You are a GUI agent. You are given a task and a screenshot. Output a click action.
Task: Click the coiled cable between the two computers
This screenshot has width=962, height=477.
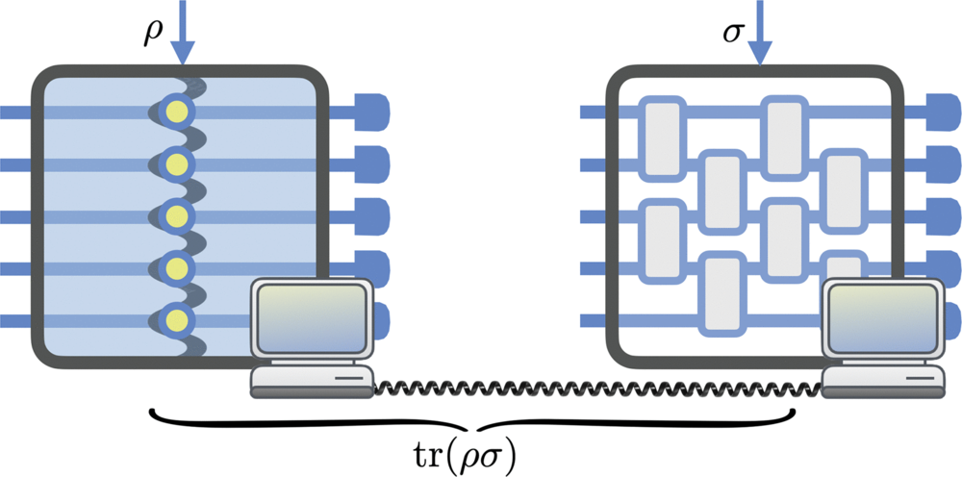pyautogui.click(x=596, y=388)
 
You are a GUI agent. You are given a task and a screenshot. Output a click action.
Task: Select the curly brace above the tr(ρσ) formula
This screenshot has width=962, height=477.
pyautogui.click(x=472, y=421)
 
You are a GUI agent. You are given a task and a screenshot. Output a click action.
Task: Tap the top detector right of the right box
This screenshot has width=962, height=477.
pyautogui.click(x=944, y=113)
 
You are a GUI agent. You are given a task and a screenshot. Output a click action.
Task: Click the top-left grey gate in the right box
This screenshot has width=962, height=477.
pyautogui.click(x=662, y=137)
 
